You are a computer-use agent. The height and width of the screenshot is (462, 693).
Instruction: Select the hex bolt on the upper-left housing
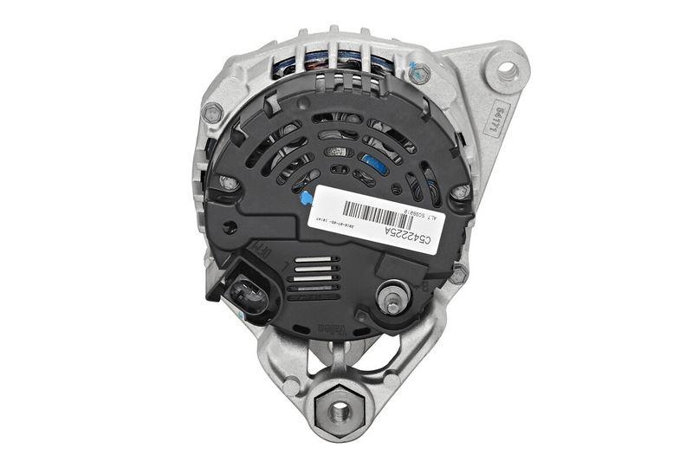[211, 113]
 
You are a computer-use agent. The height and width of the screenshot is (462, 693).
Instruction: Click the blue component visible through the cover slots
[374, 164]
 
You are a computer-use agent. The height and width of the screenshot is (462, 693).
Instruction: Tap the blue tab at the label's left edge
[306, 198]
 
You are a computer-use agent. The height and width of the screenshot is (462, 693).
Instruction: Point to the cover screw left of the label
[228, 183]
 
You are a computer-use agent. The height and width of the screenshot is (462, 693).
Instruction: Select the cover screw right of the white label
[460, 192]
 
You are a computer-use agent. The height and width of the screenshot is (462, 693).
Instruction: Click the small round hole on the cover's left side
[230, 229]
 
